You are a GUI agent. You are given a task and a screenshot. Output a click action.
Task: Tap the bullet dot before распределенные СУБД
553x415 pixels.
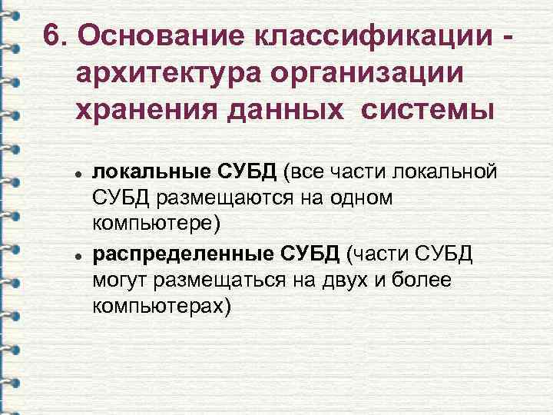78,255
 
